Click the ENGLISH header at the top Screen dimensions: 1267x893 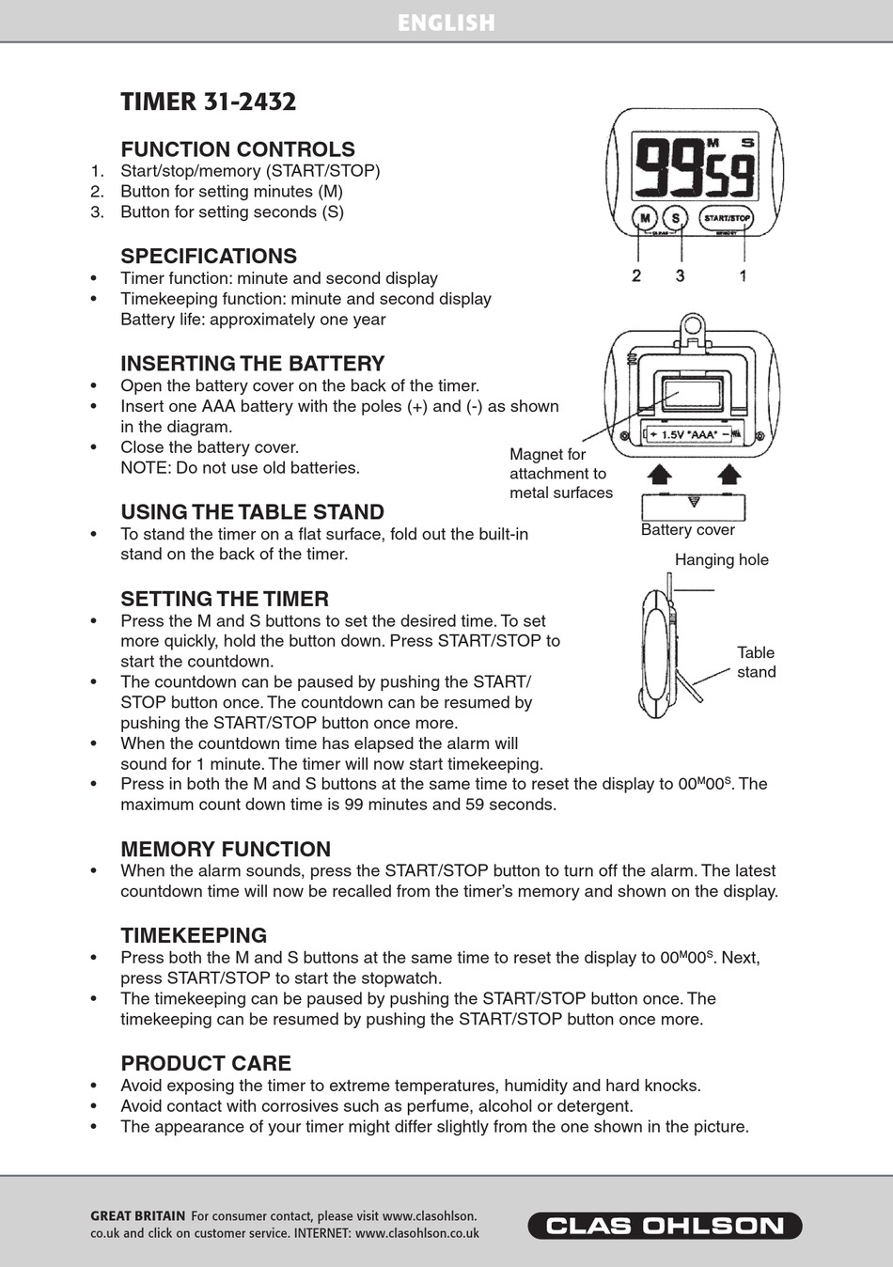coord(446,23)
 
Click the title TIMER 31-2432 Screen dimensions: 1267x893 coord(208,102)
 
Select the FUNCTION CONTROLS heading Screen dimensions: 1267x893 coord(237,149)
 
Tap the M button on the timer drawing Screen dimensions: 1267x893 coord(645,218)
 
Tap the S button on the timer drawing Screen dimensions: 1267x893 coord(677,218)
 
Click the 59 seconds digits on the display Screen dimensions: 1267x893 coord(730,175)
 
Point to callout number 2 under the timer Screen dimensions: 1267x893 coord(636,275)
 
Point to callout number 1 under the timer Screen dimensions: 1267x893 coord(743,275)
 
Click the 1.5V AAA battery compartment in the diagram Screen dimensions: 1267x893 coord(694,433)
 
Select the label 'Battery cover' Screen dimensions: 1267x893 coord(687,530)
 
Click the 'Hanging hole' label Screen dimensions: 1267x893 coord(721,560)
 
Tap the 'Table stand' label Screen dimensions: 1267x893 coord(756,662)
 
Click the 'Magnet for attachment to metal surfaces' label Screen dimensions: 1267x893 coord(560,474)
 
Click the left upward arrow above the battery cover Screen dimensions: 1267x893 coord(661,473)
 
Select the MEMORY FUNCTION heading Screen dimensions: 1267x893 coord(226,849)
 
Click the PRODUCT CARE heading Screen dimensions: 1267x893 coord(206,1063)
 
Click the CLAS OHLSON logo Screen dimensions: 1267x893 coord(665,1226)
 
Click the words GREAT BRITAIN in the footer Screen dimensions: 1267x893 coord(137,1216)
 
